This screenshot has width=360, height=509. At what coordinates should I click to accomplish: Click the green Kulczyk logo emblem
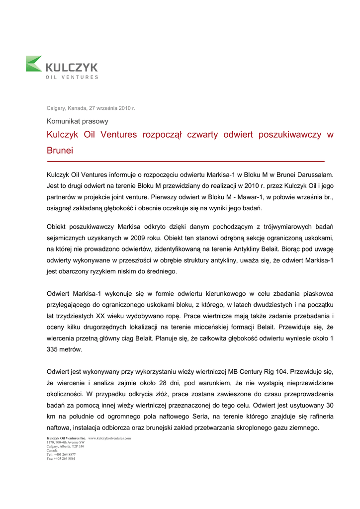(34, 64)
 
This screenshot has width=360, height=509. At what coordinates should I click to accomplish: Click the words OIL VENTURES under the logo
(72, 77)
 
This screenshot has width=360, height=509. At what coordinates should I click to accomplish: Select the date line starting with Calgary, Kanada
(91, 108)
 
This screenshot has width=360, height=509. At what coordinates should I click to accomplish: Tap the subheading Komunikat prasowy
(78, 121)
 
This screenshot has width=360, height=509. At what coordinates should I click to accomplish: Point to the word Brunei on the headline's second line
(60, 150)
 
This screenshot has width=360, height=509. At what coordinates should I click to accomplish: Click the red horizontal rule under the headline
(185, 162)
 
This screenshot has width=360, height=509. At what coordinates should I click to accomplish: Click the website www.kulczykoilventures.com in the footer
(109, 438)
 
